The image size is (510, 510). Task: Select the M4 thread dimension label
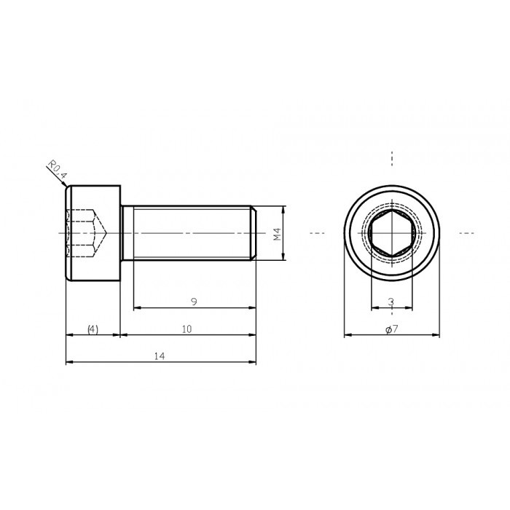277,233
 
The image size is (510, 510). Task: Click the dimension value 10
187,329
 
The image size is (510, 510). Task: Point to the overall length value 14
160,356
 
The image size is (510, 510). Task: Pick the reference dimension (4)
93,329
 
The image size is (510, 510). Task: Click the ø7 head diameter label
391,329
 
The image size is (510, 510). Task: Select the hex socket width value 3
391,302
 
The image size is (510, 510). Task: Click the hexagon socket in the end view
391,234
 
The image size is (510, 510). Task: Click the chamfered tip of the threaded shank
254,233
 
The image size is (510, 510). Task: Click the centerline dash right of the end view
466,233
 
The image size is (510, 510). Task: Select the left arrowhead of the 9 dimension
136,307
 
